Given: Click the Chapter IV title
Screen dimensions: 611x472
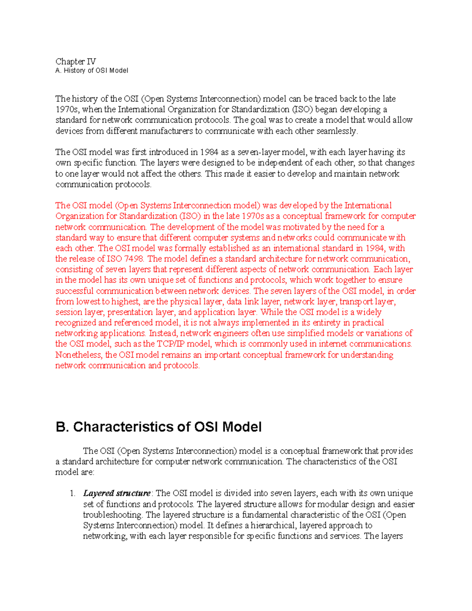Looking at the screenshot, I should click(76, 61).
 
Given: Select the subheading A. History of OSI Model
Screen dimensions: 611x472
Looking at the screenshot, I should click(92, 71).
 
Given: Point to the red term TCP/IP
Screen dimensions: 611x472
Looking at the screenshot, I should click(170, 344).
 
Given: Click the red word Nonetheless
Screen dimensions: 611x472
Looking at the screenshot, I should click(79, 355).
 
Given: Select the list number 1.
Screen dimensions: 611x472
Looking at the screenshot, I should click(72, 493).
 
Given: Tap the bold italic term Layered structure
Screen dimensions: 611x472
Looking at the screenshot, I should click(117, 493).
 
